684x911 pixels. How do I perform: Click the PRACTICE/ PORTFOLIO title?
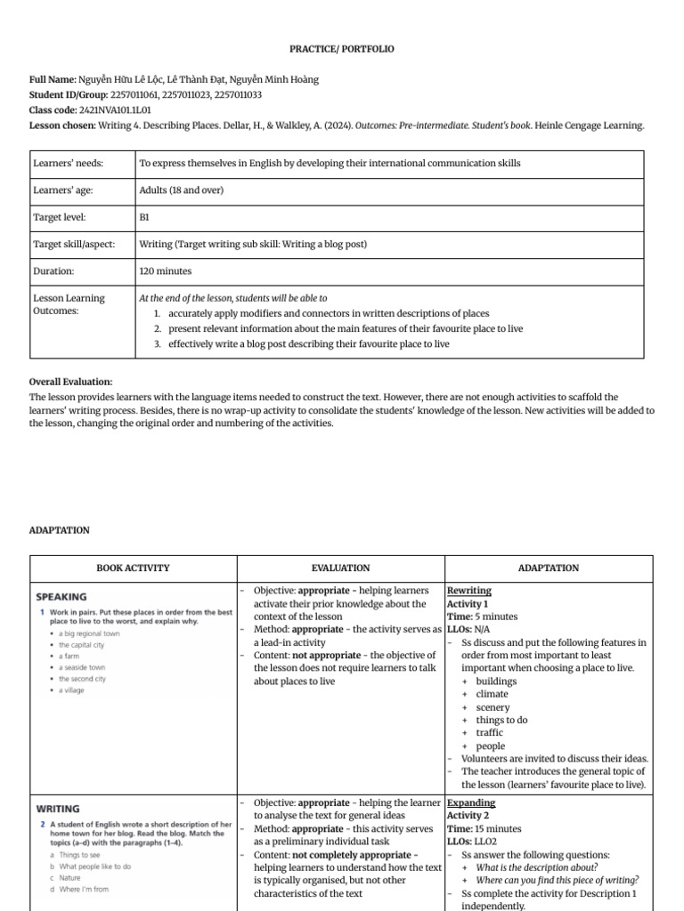pos(342,49)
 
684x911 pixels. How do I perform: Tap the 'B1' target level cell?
pos(144,217)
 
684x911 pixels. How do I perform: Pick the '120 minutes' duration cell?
pos(166,271)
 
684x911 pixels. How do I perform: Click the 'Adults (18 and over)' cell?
pos(182,190)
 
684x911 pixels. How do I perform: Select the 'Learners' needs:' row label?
pos(68,164)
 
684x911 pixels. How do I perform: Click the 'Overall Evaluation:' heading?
pos(71,381)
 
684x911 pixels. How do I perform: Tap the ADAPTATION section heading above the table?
pos(60,530)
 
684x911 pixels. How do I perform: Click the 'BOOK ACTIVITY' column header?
pos(133,568)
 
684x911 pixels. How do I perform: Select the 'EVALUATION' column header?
pos(340,568)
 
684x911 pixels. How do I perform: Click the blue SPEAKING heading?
pos(61,597)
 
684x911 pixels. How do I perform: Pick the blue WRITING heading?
pos(58,809)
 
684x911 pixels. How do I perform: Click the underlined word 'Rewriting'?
pos(468,591)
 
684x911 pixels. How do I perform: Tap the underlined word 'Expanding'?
pos(471,802)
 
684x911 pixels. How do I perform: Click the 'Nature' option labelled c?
pos(69,877)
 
